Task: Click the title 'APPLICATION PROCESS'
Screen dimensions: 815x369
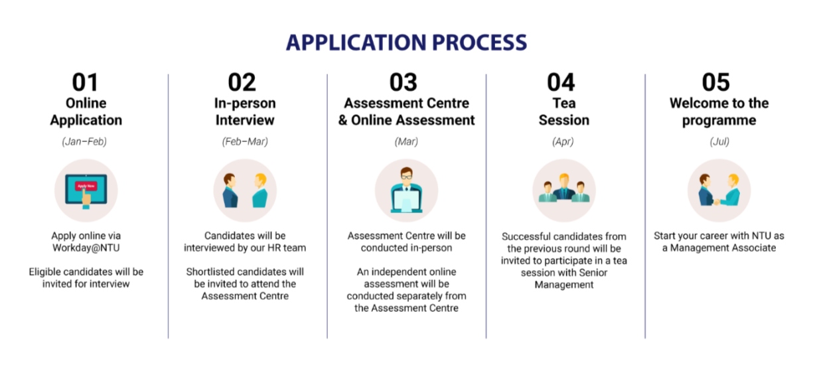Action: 406,42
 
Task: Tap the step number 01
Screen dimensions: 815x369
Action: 86,82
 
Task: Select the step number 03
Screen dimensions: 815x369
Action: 403,82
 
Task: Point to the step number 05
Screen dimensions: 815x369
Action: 715,82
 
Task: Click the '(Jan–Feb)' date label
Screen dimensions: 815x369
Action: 84,141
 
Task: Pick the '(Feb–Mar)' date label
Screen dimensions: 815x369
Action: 245,141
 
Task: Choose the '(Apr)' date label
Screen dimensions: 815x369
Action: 563,141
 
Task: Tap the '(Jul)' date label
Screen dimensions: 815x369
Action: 719,141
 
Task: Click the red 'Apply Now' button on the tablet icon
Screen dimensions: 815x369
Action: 86,186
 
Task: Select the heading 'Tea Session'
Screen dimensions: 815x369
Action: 564,111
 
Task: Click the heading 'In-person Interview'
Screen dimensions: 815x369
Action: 245,111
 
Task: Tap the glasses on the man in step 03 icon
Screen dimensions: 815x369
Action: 406,177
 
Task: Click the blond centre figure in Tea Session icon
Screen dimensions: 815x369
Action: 564,186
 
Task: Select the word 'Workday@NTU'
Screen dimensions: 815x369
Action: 86,248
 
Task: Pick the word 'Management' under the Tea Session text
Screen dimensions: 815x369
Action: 564,285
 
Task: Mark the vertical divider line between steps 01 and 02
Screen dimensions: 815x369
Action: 168,206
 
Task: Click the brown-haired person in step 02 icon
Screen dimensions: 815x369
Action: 230,190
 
